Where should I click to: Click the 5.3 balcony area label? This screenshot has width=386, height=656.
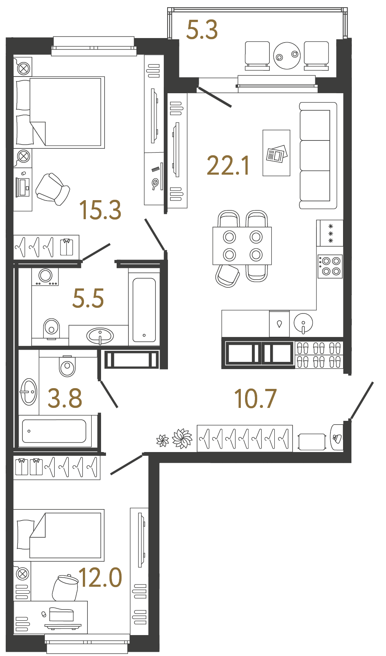click(x=202, y=30)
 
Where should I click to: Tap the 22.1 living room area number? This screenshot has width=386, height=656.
click(x=228, y=166)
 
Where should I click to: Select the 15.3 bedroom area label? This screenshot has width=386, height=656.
click(x=100, y=210)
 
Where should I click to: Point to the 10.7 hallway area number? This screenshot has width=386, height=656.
click(x=255, y=399)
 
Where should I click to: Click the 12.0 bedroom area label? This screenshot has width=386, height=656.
click(x=100, y=577)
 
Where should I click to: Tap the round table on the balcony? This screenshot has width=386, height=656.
click(x=287, y=56)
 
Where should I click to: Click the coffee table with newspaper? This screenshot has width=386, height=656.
click(x=276, y=153)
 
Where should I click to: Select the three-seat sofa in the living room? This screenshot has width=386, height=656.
click(x=317, y=155)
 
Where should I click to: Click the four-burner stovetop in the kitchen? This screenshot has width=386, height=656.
click(x=330, y=266)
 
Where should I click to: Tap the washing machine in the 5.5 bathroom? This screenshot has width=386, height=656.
click(x=45, y=276)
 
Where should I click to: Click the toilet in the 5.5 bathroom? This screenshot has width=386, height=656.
click(x=51, y=328)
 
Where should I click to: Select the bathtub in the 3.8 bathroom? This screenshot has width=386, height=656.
click(x=54, y=431)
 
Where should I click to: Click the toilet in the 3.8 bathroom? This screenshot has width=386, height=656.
click(x=67, y=366)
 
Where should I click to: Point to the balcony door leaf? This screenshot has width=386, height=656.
click(x=215, y=97)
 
